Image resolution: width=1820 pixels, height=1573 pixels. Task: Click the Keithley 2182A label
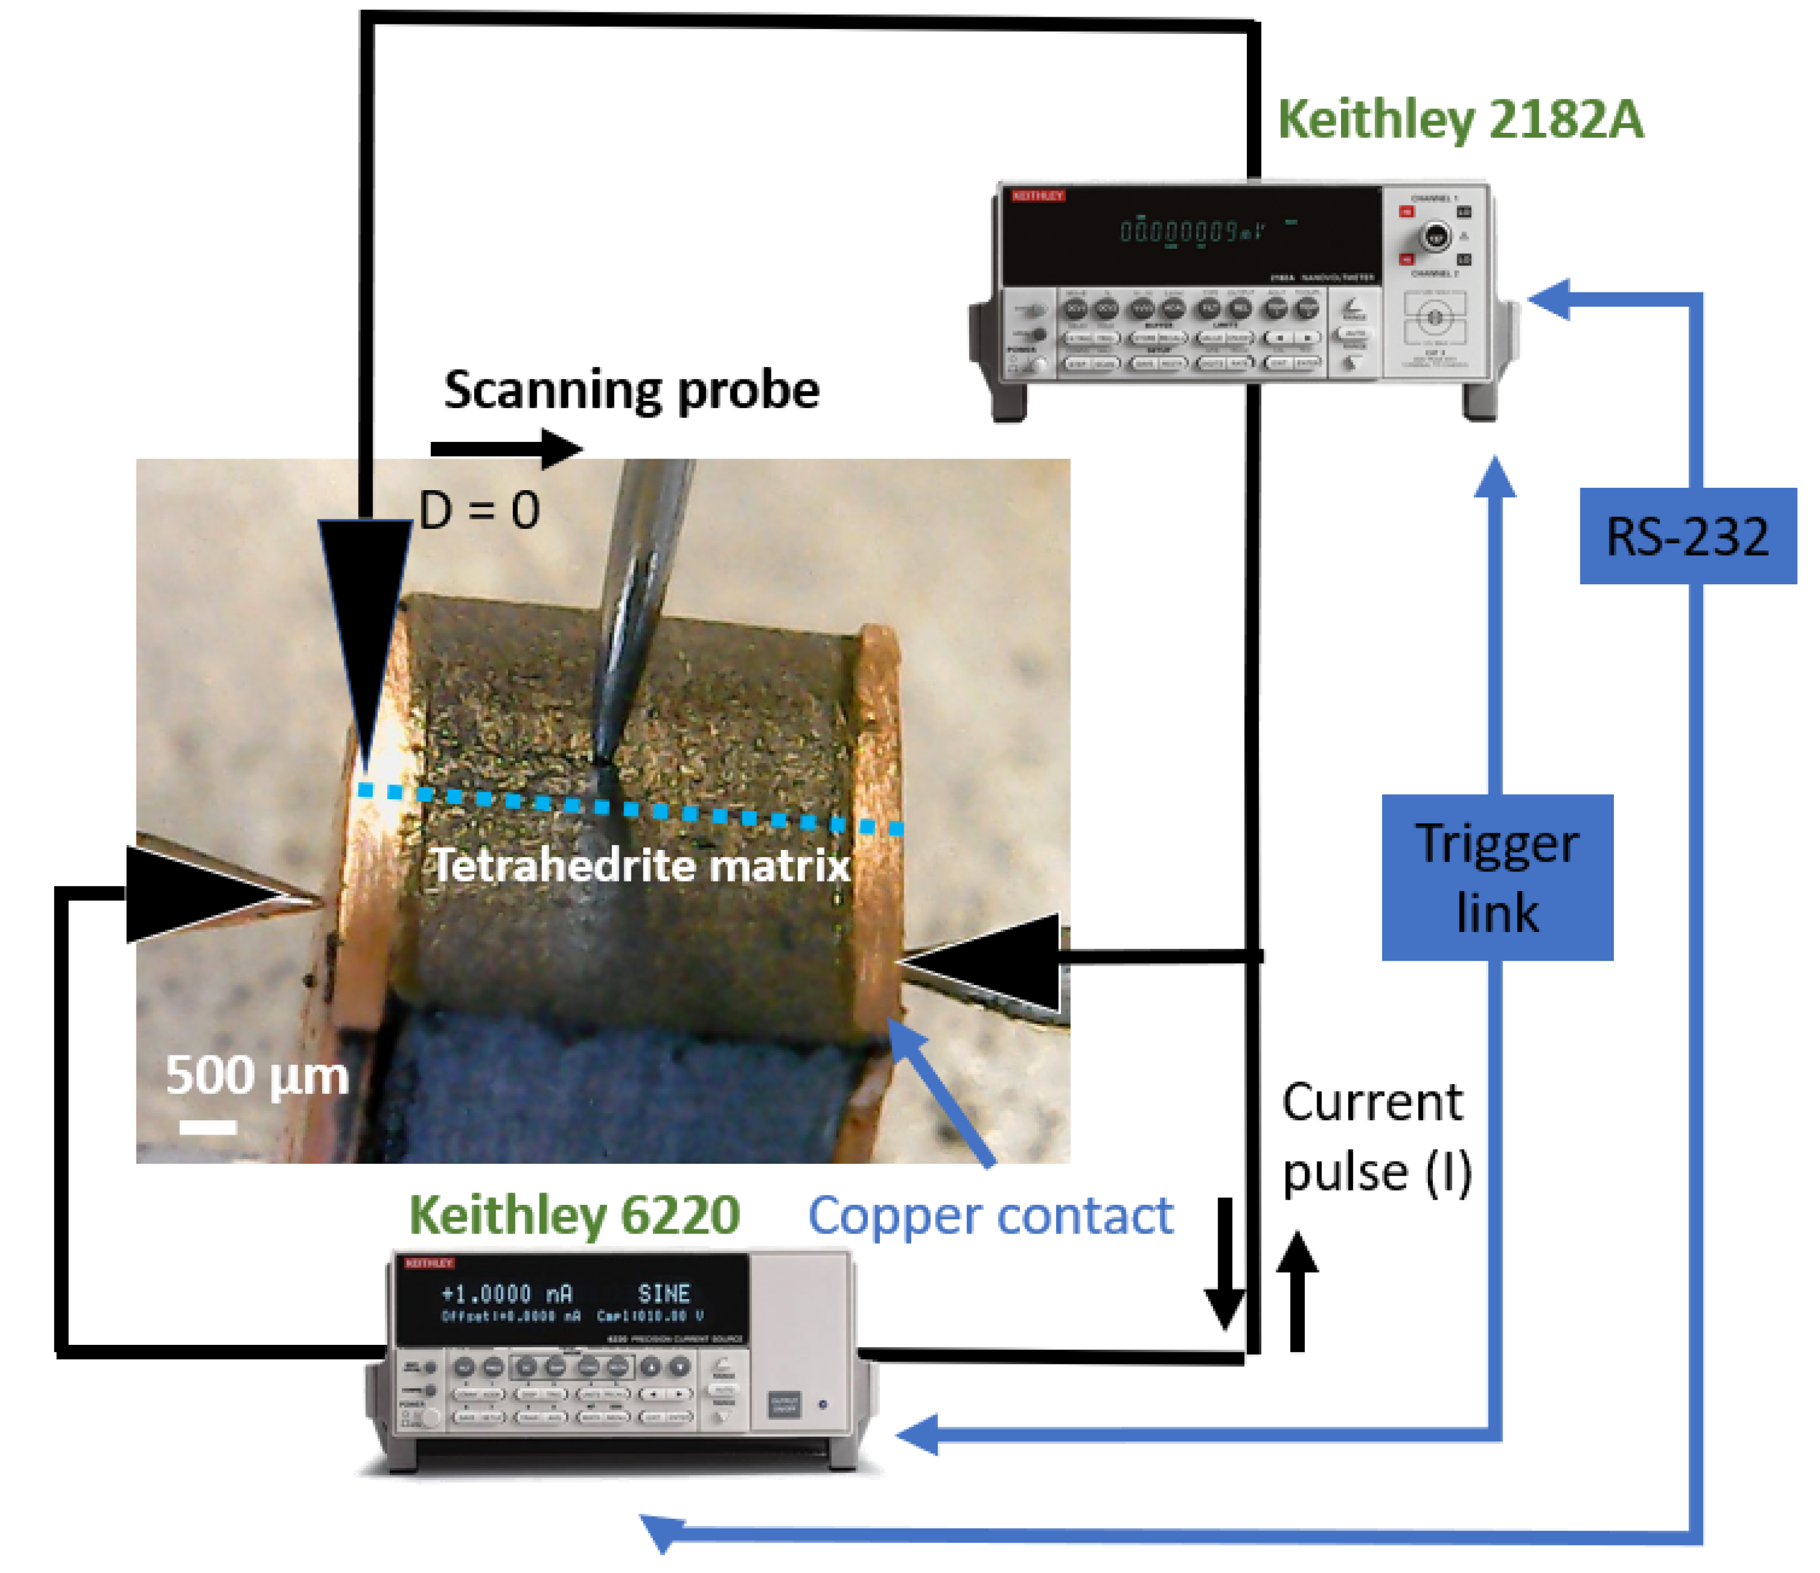[x=1459, y=120]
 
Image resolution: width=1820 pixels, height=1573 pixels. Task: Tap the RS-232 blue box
[x=1687, y=537]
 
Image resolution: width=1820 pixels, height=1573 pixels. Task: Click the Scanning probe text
[x=631, y=390]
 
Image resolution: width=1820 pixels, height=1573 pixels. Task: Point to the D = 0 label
[x=479, y=510]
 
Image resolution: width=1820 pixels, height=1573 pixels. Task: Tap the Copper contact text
[x=990, y=1216]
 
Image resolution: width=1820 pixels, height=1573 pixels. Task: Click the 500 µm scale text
[x=257, y=1075]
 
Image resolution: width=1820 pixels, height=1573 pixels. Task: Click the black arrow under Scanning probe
[x=506, y=449]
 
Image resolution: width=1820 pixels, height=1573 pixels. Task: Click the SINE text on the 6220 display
[x=664, y=1294]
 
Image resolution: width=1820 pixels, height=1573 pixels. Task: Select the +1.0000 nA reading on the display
[x=506, y=1294]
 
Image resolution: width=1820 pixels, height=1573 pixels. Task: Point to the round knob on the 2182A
[x=1435, y=236]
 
